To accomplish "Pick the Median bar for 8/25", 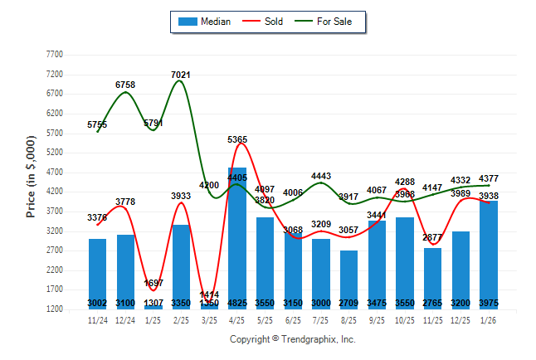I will (348, 278).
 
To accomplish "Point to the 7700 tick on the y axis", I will (54, 54).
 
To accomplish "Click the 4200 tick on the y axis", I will (54, 192).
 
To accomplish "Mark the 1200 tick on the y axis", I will (54, 309).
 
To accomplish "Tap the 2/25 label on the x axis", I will (181, 319).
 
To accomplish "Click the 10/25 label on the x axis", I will (404, 319).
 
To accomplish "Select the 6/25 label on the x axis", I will (293, 319).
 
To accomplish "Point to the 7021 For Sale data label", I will (181, 75).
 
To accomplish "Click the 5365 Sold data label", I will (237, 140).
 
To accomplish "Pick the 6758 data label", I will (125, 85).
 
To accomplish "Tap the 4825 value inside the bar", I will (236, 303).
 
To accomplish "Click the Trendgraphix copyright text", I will (292, 339).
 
